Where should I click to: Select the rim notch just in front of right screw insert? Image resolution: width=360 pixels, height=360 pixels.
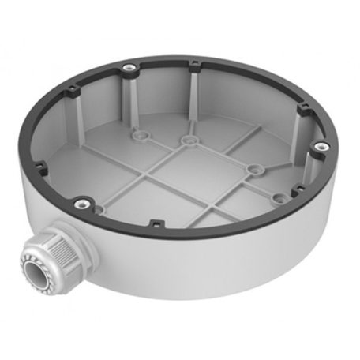(x=295, y=193)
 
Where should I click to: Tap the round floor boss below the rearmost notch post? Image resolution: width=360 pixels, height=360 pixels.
(x=188, y=141)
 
